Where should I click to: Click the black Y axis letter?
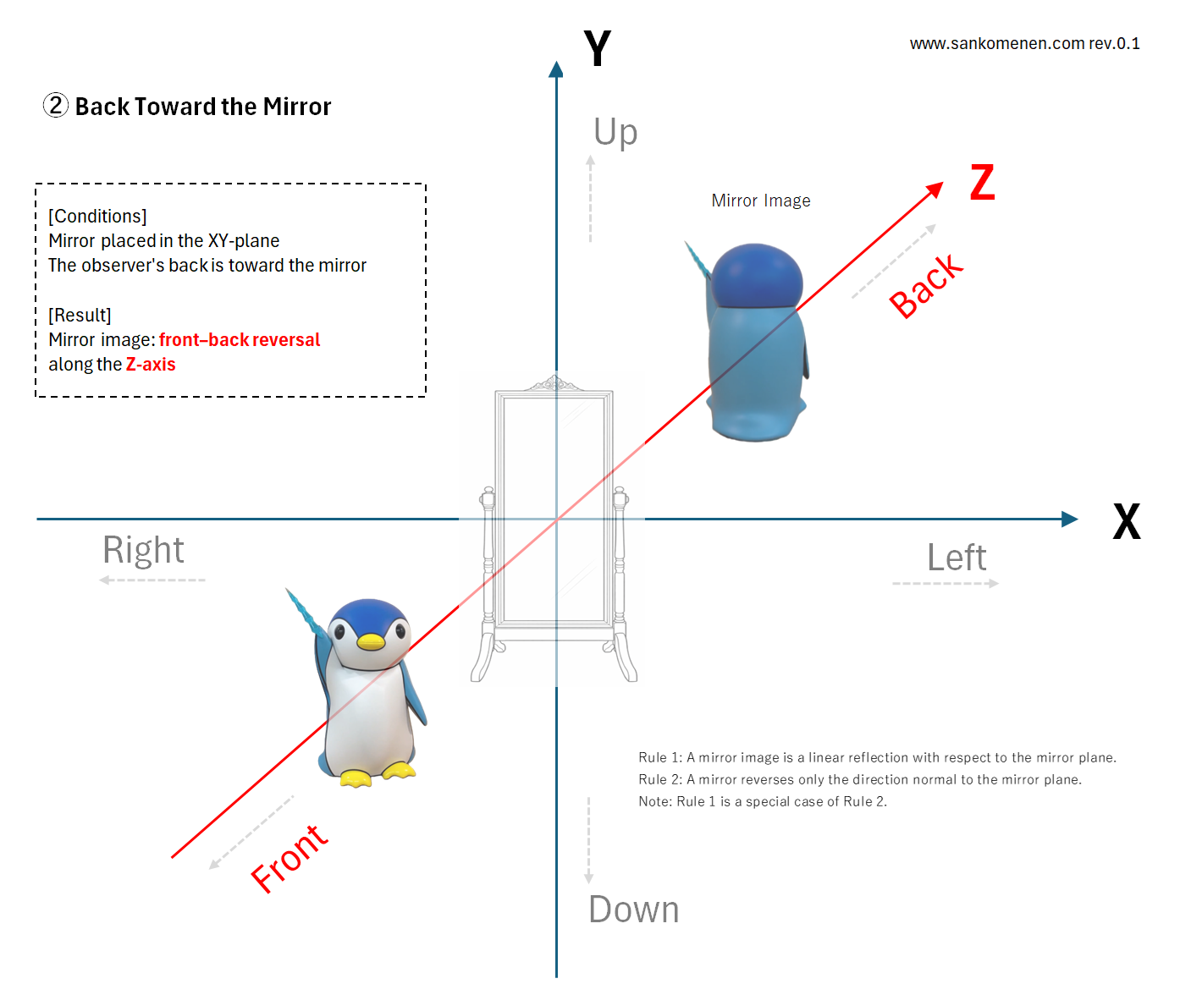597,48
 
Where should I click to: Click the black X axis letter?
1127,521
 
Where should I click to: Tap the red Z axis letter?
983,182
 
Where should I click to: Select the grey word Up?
615,132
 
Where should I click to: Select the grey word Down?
634,910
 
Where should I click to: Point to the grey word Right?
143,551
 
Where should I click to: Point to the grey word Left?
957,558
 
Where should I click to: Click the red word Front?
289,859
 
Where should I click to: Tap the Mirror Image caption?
760,201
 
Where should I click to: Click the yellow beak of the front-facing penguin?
371,642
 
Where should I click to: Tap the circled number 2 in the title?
55,106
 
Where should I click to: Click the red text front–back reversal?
240,339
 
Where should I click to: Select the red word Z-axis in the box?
151,364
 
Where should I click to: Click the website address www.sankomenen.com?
997,43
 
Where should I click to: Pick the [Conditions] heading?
97,217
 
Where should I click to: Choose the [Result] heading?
80,315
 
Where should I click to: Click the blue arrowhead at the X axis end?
1069,519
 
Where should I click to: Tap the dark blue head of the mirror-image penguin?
757,276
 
